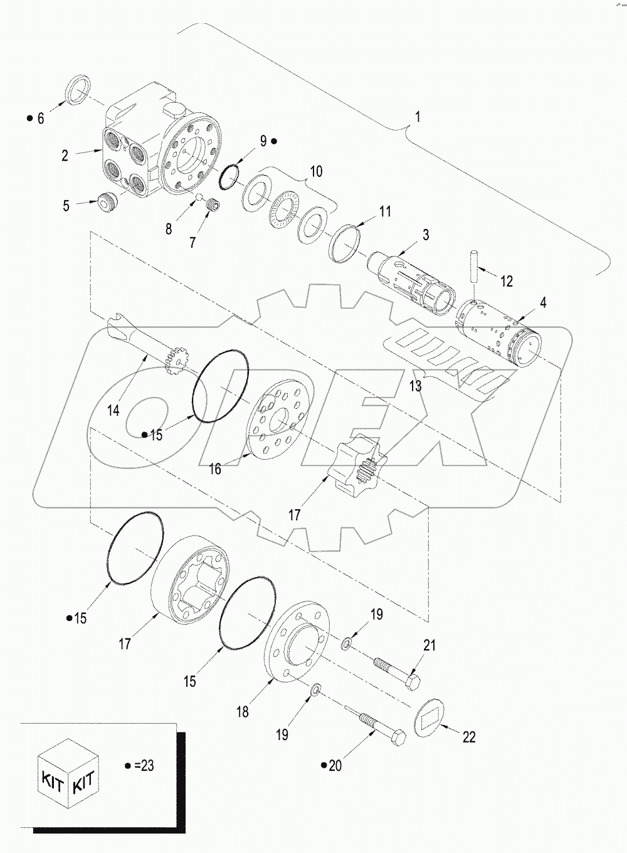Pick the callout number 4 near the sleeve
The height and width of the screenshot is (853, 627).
[542, 303]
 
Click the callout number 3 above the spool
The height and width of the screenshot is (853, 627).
[425, 236]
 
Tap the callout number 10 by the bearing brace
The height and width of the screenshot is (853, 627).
[317, 171]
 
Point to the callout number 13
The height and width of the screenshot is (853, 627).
[416, 386]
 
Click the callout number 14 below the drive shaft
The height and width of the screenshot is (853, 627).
[113, 411]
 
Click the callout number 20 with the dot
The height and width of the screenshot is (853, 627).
[335, 766]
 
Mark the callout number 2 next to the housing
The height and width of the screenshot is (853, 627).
[65, 155]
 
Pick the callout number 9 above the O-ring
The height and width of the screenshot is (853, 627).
[264, 140]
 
